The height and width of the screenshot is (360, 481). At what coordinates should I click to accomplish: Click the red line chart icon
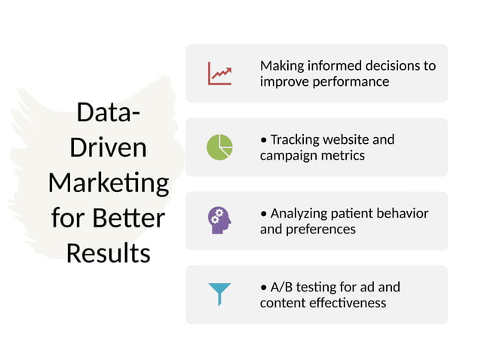coord(220,73)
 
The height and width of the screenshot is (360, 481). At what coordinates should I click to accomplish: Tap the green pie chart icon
coord(220,147)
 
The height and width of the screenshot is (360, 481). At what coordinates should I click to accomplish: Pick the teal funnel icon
coord(220,293)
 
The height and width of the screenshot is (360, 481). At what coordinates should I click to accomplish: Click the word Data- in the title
coord(109,113)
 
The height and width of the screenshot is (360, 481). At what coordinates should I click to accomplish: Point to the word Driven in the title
coord(109,148)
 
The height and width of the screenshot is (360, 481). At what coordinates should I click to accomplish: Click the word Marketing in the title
coord(109,183)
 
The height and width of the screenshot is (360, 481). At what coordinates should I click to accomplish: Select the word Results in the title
coord(109,253)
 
